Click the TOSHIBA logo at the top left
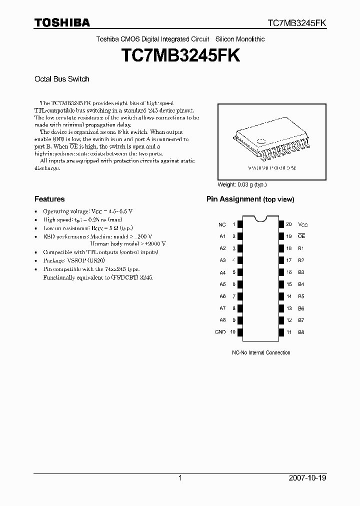pyautogui.click(x=62, y=22)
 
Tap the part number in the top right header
pyautogui.click(x=297, y=23)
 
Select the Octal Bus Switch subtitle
pyautogui.click(x=61, y=79)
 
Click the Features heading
pyautogui.click(x=49, y=198)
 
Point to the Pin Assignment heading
pyautogui.click(x=250, y=199)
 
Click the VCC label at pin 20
pyautogui.click(x=303, y=224)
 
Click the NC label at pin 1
pyautogui.click(x=222, y=224)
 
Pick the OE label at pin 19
pyautogui.click(x=301, y=236)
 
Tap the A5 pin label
pyautogui.click(x=222, y=284)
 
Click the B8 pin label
pyautogui.click(x=301, y=332)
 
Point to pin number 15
pyautogui.click(x=289, y=284)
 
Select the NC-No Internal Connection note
pyautogui.click(x=260, y=353)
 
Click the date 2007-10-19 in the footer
pyautogui.click(x=308, y=478)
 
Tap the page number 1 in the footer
pyautogui.click(x=180, y=478)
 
